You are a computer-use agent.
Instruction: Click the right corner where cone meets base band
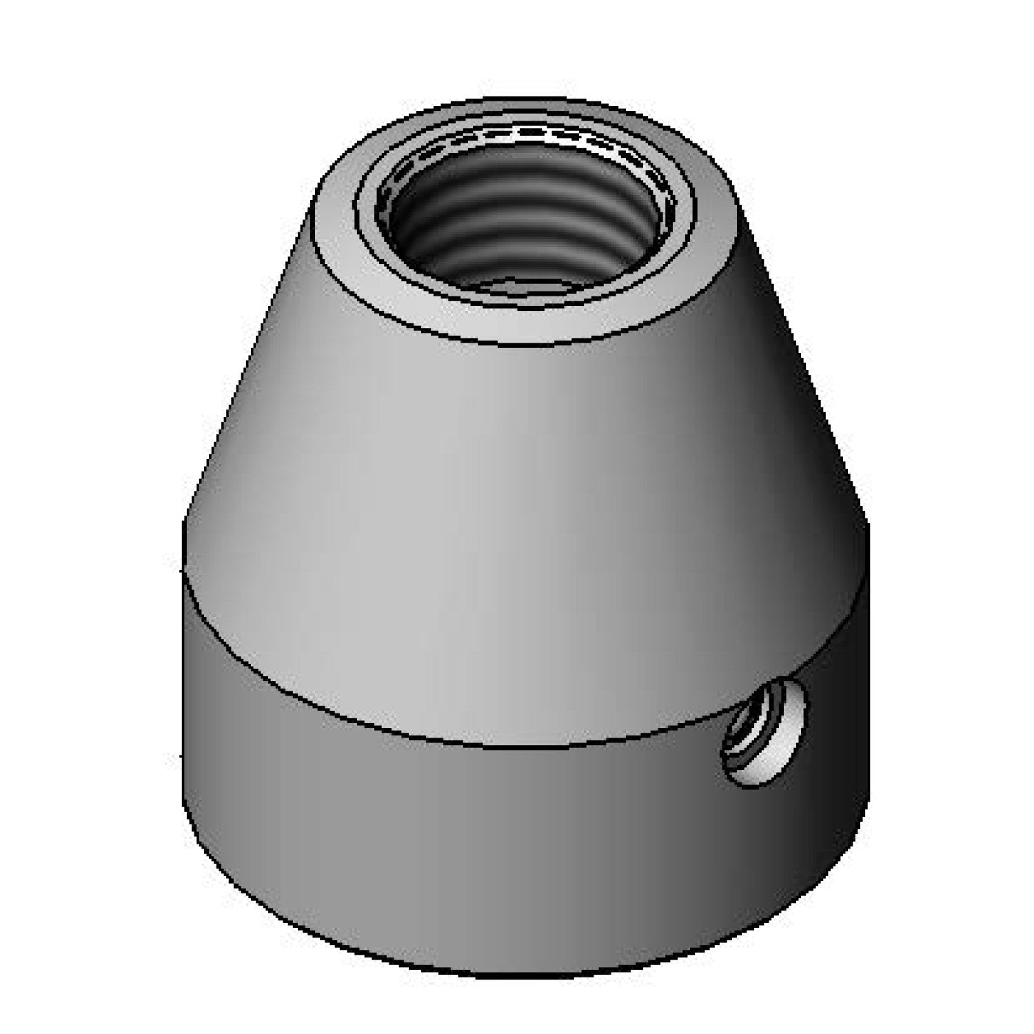867,524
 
